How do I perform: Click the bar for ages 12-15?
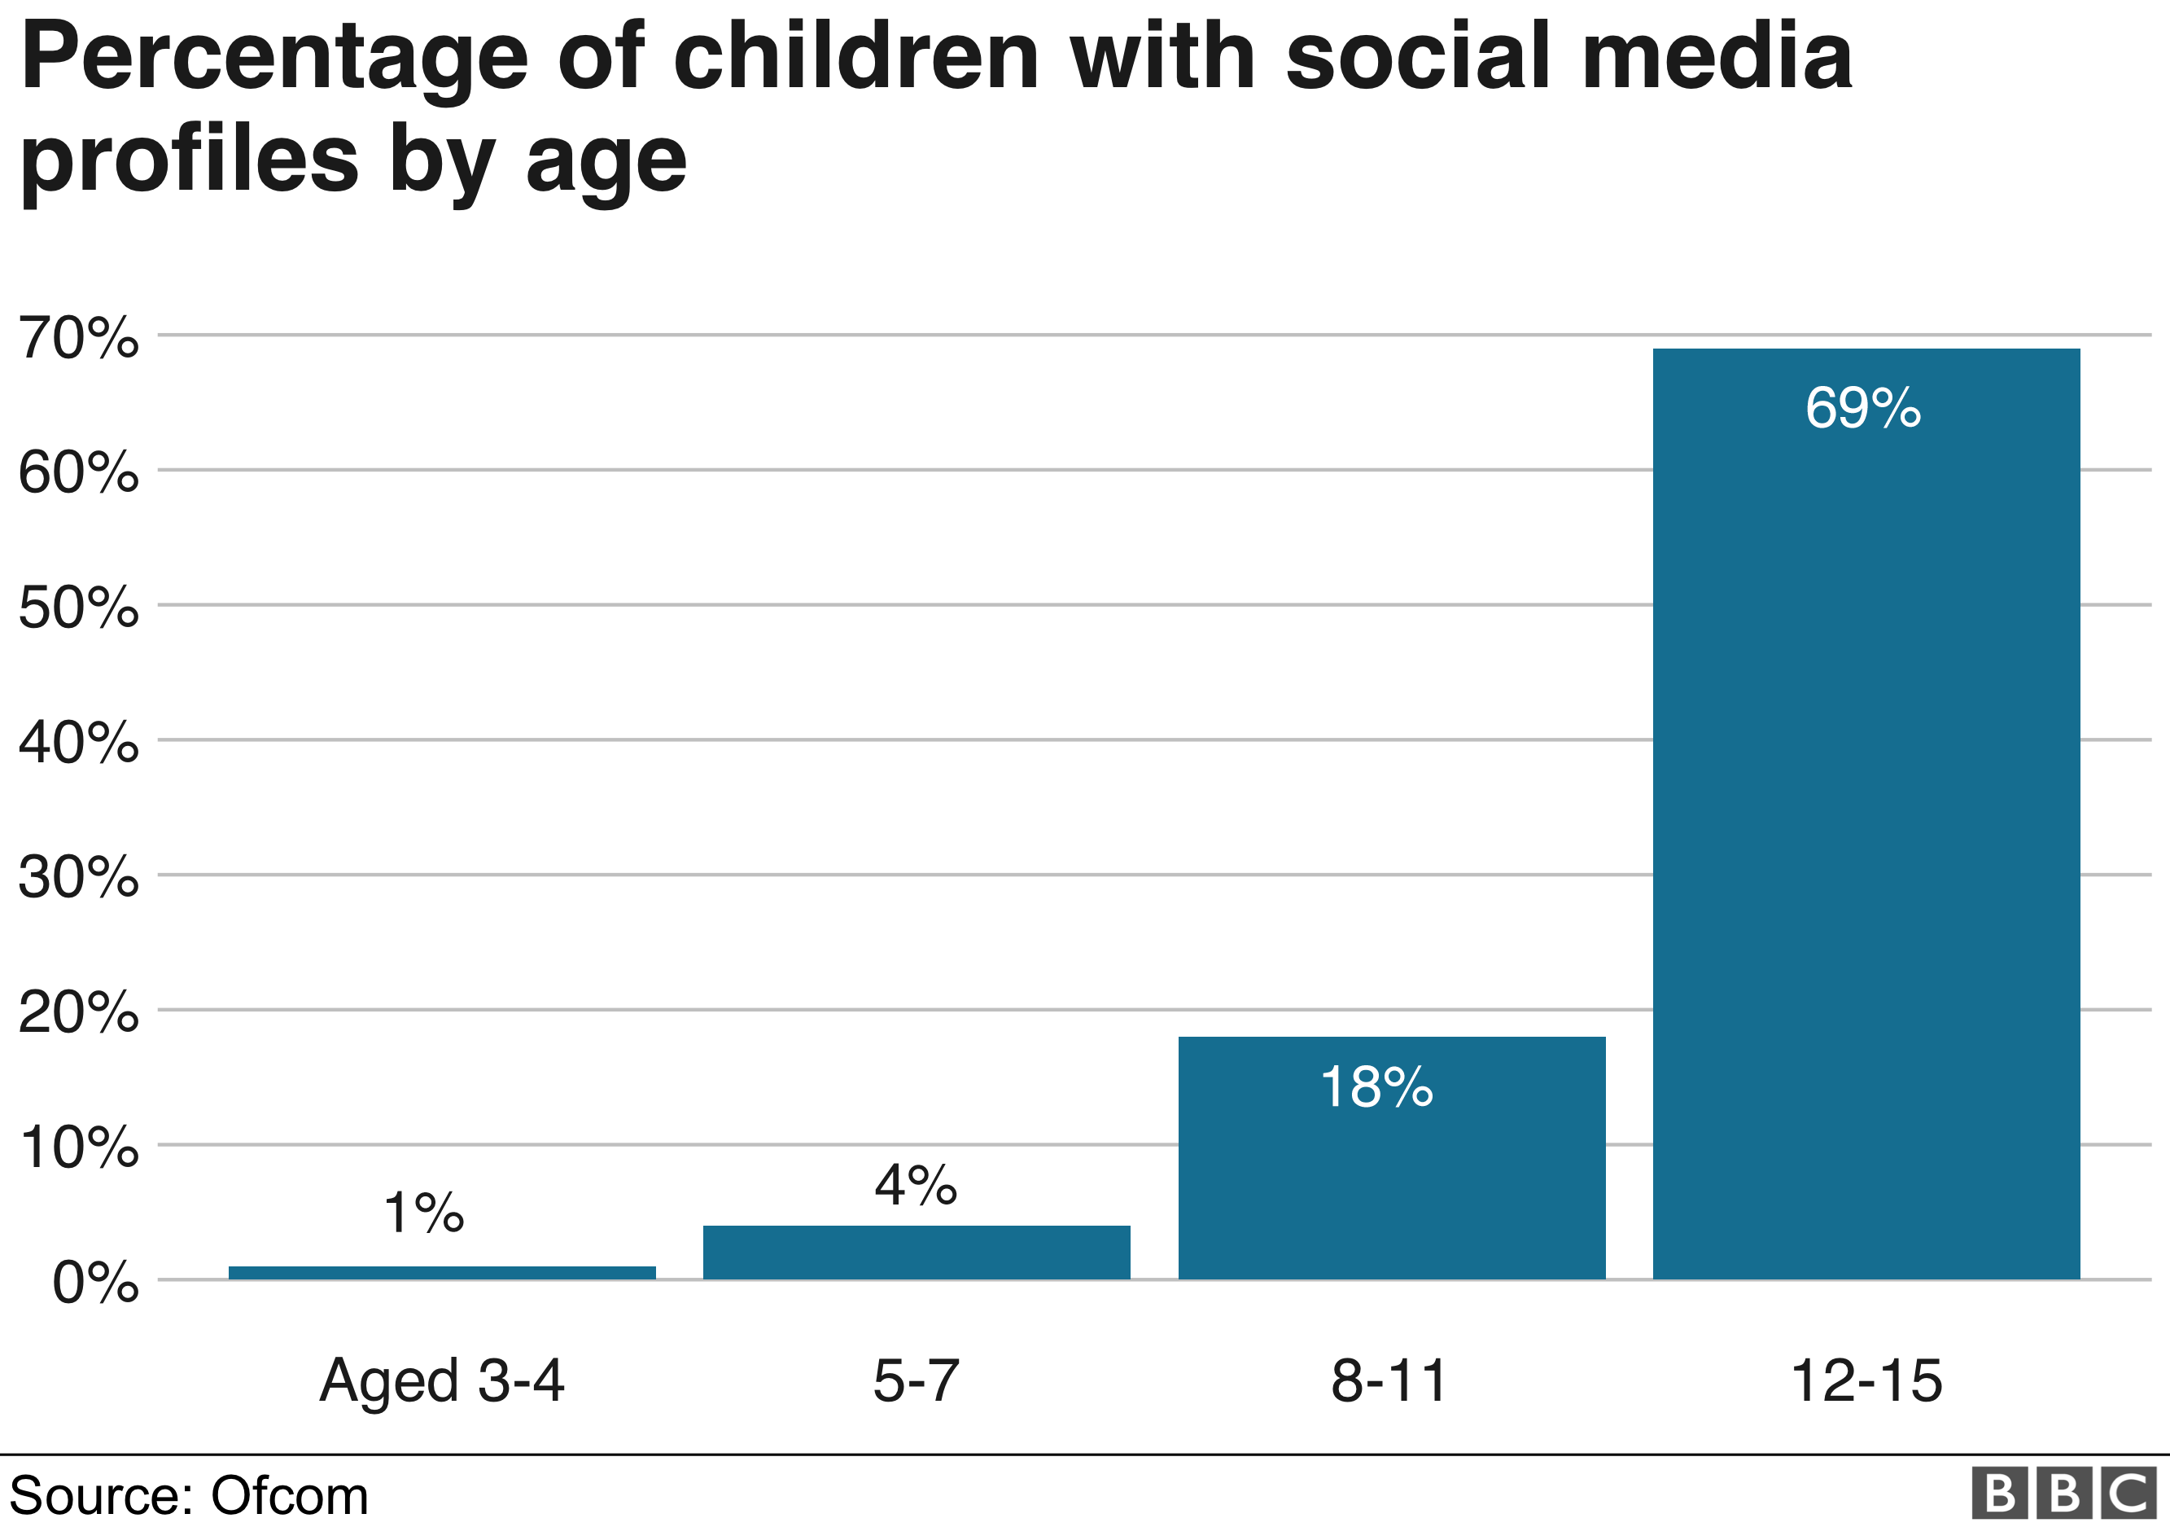click(x=1866, y=813)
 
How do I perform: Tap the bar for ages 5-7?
click(x=916, y=1252)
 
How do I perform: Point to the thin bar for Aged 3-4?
click(x=441, y=1273)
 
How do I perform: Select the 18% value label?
click(x=1376, y=1087)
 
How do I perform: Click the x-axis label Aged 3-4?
click(x=441, y=1381)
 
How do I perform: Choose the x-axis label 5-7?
click(x=915, y=1381)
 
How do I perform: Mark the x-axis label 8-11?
click(x=1389, y=1381)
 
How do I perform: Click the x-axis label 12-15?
click(x=1866, y=1381)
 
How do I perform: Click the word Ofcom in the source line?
click(x=289, y=1497)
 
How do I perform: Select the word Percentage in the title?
click(x=274, y=59)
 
